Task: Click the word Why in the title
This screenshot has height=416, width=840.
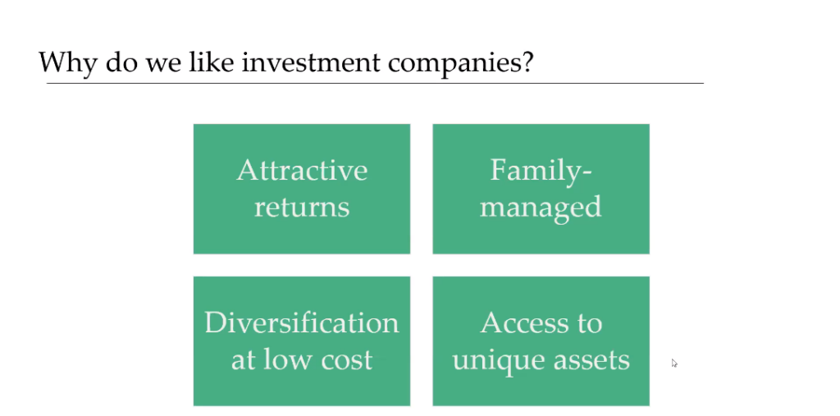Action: tap(68, 63)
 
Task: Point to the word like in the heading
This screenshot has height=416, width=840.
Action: tap(212, 62)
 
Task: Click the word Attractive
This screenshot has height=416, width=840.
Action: tap(302, 171)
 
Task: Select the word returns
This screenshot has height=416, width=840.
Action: tap(302, 208)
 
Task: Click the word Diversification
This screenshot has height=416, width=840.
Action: tap(302, 322)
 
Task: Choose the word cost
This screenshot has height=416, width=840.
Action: tap(346, 360)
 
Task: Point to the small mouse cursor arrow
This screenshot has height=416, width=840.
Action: tap(674, 363)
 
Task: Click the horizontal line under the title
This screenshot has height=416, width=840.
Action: tap(375, 84)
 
